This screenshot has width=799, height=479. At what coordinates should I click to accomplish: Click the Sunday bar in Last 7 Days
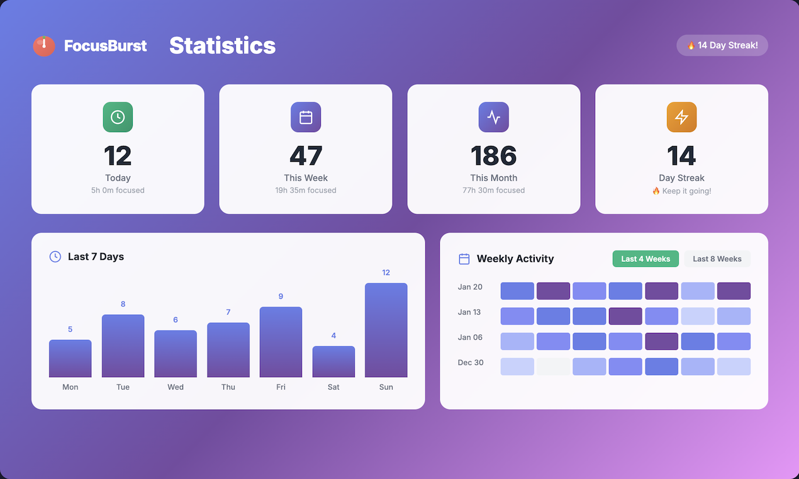(x=386, y=330)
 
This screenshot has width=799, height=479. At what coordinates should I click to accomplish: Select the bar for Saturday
(x=333, y=361)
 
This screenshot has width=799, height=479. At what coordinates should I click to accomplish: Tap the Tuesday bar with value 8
(x=123, y=346)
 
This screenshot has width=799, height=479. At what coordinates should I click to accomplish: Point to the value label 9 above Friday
(x=281, y=296)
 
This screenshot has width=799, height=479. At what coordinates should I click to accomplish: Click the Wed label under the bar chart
(x=176, y=387)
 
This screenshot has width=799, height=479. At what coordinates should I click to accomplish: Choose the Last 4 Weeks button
(x=645, y=259)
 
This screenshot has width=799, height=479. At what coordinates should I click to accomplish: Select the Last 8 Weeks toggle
(x=717, y=259)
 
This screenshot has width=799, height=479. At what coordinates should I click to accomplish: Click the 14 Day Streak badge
(x=722, y=45)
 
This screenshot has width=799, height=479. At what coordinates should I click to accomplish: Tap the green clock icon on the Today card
(x=118, y=117)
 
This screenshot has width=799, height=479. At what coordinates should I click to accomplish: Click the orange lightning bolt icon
(x=681, y=117)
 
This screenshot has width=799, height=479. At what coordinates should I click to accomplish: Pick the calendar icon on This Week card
(x=306, y=117)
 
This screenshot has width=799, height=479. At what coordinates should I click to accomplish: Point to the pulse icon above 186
(x=493, y=117)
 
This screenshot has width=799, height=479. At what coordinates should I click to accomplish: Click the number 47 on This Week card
(x=306, y=155)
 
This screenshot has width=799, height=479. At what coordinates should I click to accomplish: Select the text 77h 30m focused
(x=493, y=190)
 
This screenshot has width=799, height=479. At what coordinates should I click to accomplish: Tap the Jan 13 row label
(x=470, y=312)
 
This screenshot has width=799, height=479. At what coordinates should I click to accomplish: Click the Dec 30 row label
(x=470, y=363)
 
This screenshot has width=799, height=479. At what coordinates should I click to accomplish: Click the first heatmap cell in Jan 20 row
(x=517, y=291)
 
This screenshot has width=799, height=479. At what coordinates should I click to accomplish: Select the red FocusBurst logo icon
(x=44, y=45)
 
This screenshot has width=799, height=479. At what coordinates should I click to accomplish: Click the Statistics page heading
(x=222, y=45)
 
